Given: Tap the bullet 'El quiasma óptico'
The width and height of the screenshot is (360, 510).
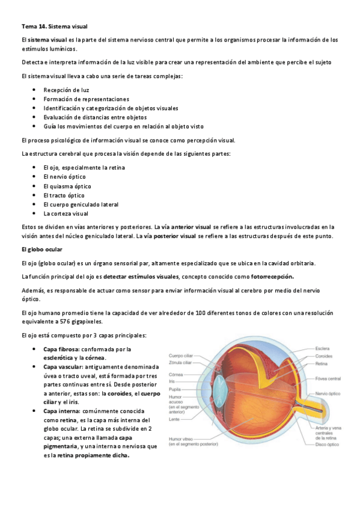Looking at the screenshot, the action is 67,186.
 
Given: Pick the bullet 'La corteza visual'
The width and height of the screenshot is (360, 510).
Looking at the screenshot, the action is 66,214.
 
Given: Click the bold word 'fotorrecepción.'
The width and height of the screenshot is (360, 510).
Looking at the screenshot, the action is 272,276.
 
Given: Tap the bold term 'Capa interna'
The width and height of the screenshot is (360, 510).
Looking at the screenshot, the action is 61,411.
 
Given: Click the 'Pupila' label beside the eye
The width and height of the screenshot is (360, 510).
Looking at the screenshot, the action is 175,390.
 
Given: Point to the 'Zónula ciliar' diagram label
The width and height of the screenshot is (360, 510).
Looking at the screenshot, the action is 180,363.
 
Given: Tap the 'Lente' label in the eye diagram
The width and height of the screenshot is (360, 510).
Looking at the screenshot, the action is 174,419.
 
